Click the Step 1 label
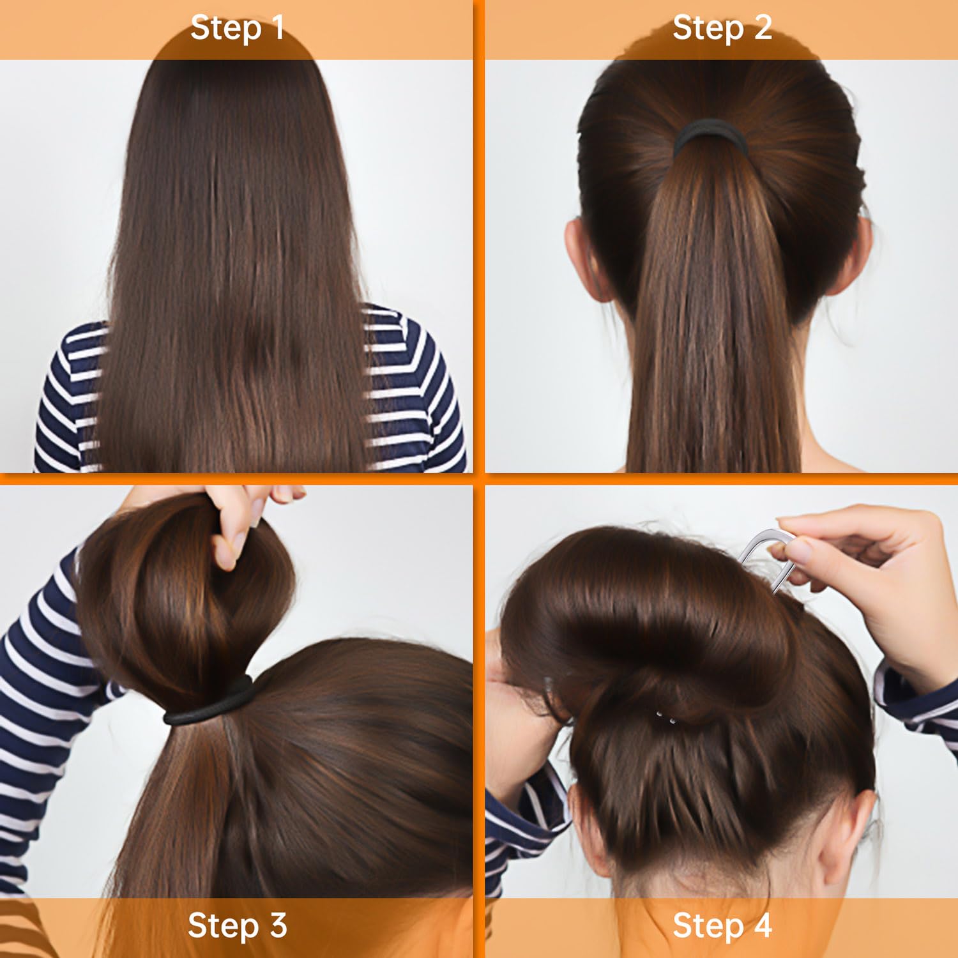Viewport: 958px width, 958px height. [237, 29]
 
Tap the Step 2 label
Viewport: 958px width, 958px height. [722, 29]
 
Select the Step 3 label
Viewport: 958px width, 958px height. [237, 925]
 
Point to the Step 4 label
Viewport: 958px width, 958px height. [722, 925]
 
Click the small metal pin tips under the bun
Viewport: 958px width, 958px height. [665, 718]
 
